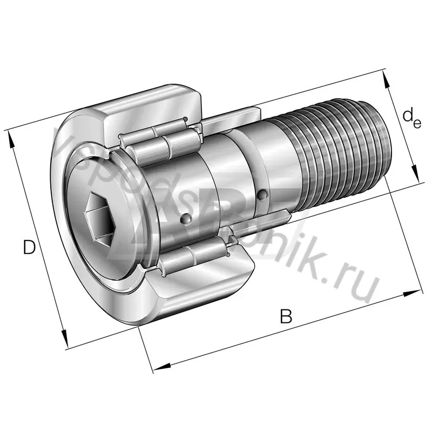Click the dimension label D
pyautogui.click(x=29, y=247)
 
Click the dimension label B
pyautogui.click(x=286, y=316)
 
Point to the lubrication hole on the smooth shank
pyautogui.click(x=262, y=194)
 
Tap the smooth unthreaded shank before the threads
pyautogui.click(x=270, y=162)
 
